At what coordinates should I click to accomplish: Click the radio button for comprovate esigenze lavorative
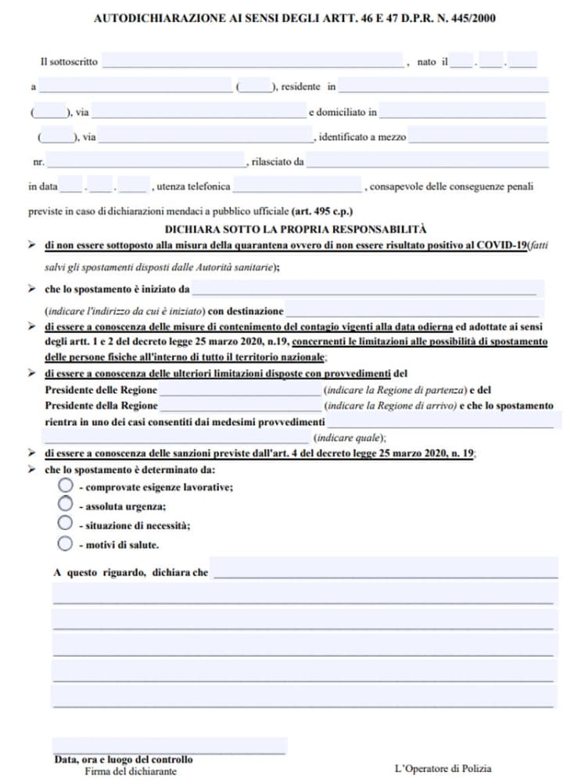pos(66,485)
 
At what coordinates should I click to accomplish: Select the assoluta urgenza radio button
pos(66,504)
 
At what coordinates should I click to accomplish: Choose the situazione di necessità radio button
pos(66,523)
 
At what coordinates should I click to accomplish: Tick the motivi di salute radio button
pos(66,543)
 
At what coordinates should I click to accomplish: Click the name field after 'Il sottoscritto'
pos(252,61)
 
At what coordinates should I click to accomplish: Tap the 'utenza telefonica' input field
pos(297,186)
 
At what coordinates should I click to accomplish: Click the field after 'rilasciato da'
pos(428,161)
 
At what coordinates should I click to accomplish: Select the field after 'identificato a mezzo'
pos(478,136)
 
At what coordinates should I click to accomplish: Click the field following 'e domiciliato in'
pos(462,111)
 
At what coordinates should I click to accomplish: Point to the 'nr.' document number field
pos(145,161)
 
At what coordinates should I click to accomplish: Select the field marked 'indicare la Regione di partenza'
pos(239,389)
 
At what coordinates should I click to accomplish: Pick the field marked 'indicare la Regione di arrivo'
pos(239,406)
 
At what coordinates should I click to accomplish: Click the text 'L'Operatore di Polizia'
pos(443,768)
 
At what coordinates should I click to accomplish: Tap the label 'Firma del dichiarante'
pos(131,770)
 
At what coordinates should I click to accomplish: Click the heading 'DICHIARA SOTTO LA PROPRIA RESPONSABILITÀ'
pos(296,229)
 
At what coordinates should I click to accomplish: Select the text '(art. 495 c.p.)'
pos(321,211)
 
